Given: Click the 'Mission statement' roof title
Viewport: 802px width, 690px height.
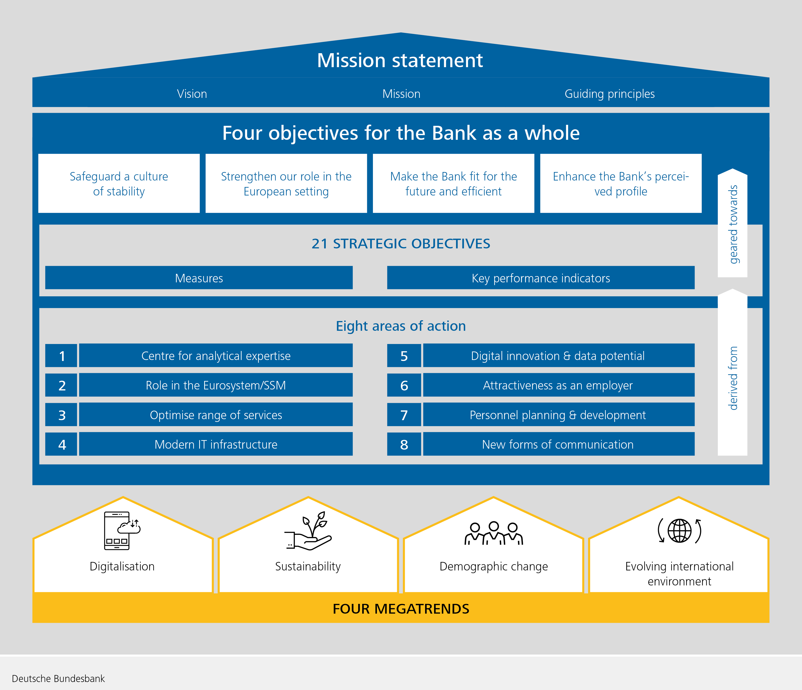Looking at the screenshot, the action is tap(400, 60).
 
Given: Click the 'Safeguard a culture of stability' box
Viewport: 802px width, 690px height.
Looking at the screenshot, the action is tap(119, 183).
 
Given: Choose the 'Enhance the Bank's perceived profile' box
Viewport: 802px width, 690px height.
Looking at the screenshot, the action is tap(621, 183).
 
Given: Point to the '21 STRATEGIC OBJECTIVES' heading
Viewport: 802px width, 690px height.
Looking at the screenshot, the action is tap(401, 244).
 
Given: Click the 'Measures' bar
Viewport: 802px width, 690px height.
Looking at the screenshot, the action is tap(199, 278).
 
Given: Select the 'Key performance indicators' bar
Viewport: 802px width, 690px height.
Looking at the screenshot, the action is tap(541, 278).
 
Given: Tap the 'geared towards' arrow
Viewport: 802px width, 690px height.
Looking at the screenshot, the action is tap(732, 223).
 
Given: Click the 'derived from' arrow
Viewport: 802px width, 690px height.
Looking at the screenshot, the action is tap(732, 372).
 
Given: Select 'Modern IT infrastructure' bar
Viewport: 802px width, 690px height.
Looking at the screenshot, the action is tap(216, 444).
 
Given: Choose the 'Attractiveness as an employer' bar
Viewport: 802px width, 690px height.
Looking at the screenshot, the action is tap(559, 385).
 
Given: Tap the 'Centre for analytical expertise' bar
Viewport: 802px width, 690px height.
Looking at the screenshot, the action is tap(216, 355).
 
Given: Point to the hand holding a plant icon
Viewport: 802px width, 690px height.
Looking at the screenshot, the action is tap(308, 530).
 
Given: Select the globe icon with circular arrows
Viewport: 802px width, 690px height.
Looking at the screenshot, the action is tap(679, 530).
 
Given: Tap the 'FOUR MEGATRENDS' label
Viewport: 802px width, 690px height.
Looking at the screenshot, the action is tap(401, 609).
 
